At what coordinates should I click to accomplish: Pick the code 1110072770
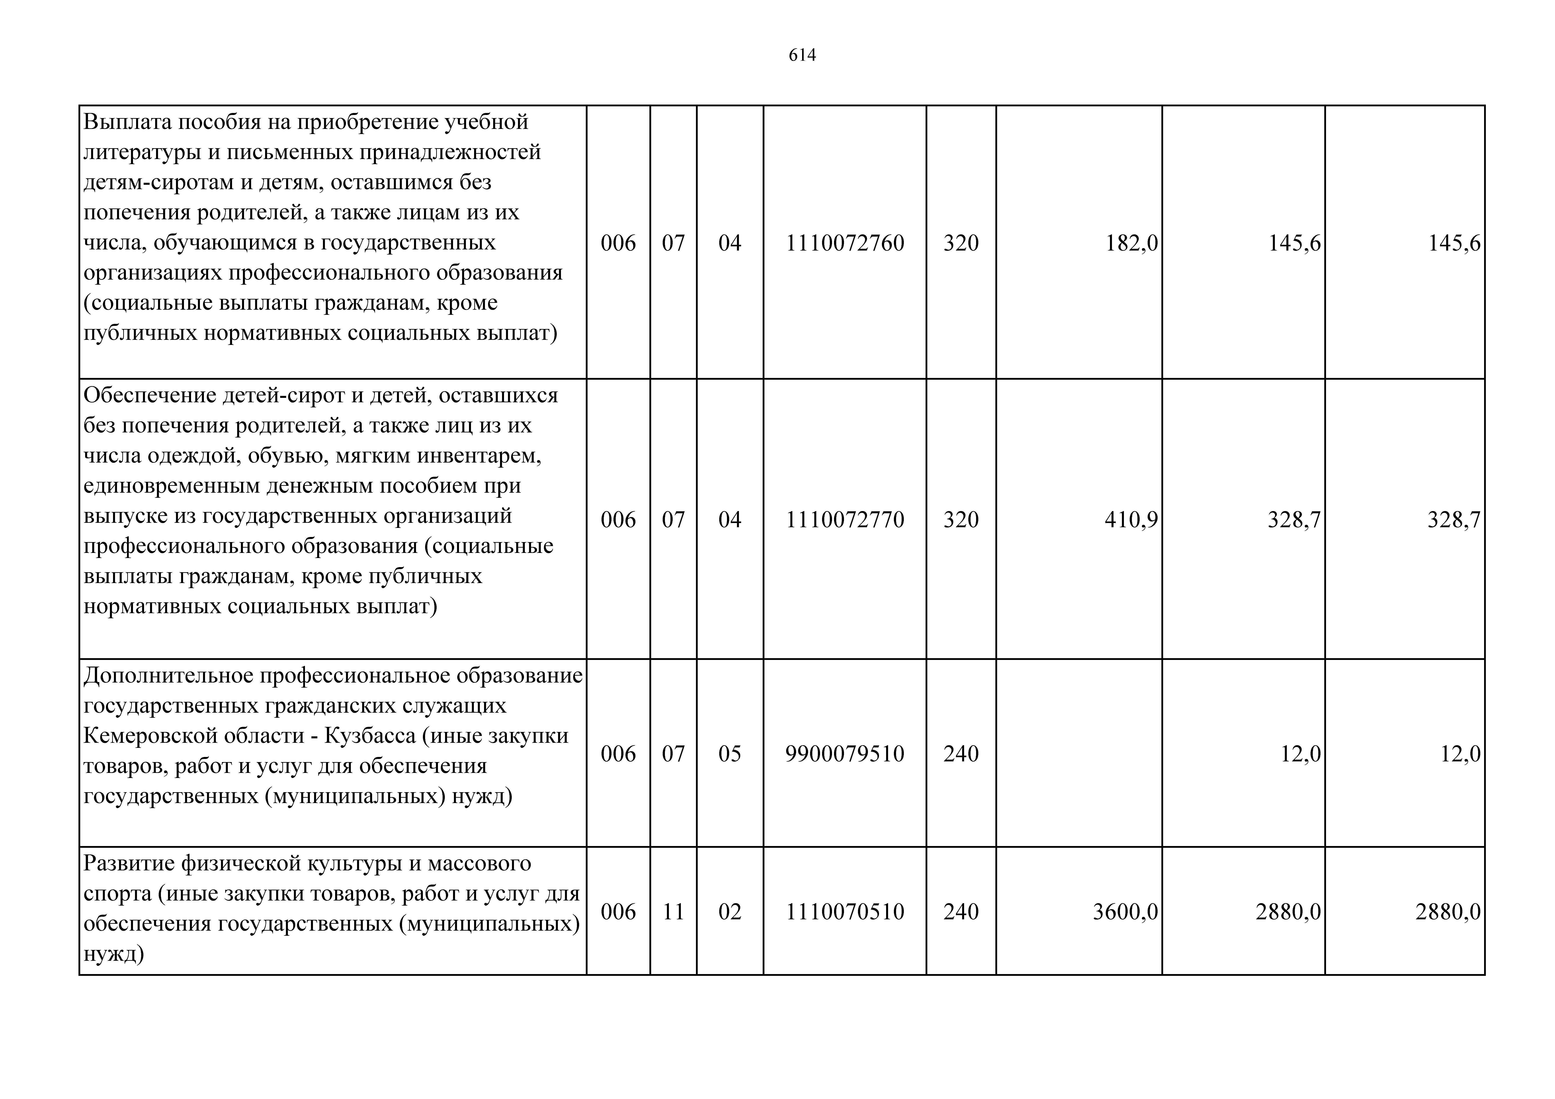pyautogui.click(x=845, y=519)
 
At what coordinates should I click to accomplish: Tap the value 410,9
pyautogui.click(x=1131, y=519)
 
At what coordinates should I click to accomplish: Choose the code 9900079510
pyautogui.click(x=845, y=754)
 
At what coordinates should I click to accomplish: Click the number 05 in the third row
pyautogui.click(x=729, y=754)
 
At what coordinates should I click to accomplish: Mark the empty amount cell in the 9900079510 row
pyautogui.click(x=1079, y=754)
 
